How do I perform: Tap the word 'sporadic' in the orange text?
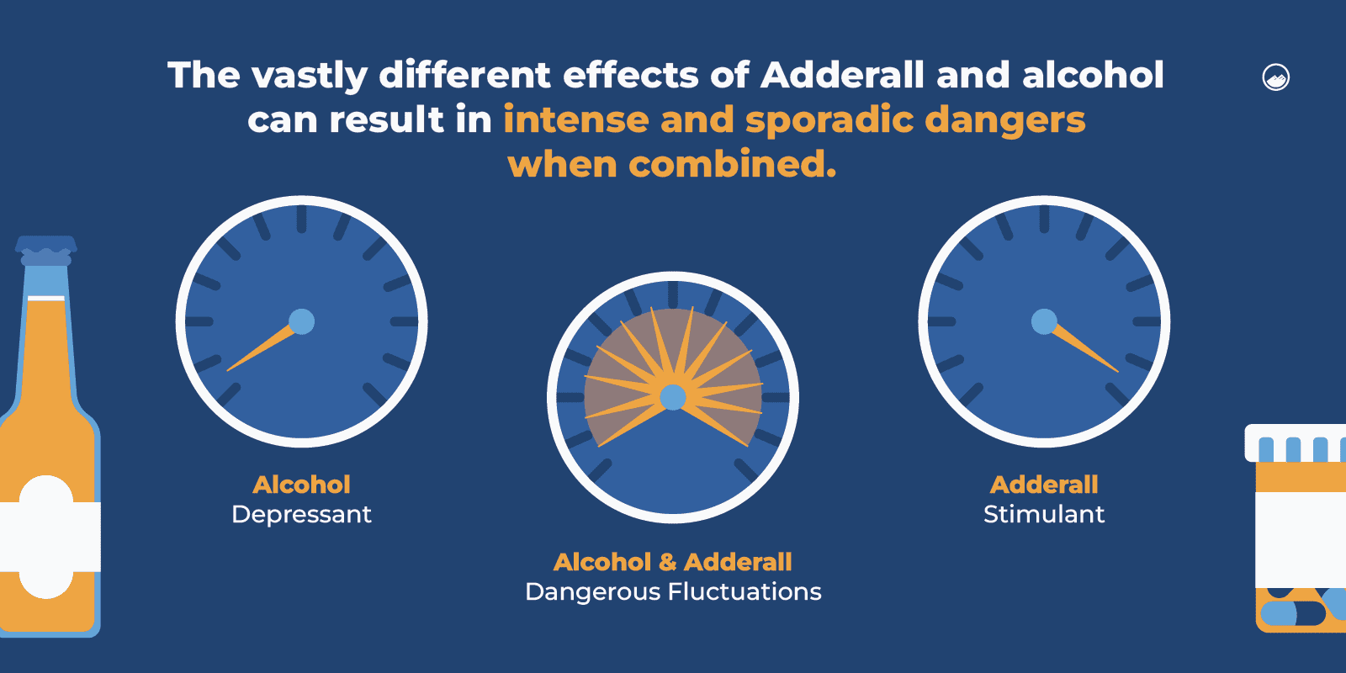click(x=828, y=120)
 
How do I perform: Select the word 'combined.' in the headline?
click(x=733, y=164)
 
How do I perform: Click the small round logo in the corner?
click(x=1276, y=77)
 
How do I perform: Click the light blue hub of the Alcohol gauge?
click(x=301, y=321)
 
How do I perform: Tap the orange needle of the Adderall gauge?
click(x=1085, y=350)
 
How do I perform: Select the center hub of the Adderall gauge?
click(x=1044, y=321)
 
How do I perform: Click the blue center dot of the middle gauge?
click(x=673, y=397)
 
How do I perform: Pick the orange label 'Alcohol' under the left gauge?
click(x=301, y=485)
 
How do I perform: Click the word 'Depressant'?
click(x=301, y=514)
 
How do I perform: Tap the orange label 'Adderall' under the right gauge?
click(x=1044, y=485)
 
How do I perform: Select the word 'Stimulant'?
click(x=1044, y=514)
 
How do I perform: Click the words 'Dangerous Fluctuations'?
click(x=673, y=592)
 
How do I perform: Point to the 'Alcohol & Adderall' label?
click(x=673, y=562)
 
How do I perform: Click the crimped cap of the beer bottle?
click(x=46, y=246)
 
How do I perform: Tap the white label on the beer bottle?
click(x=47, y=537)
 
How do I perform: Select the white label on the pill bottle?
click(x=1301, y=538)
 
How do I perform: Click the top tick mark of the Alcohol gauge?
click(x=301, y=219)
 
